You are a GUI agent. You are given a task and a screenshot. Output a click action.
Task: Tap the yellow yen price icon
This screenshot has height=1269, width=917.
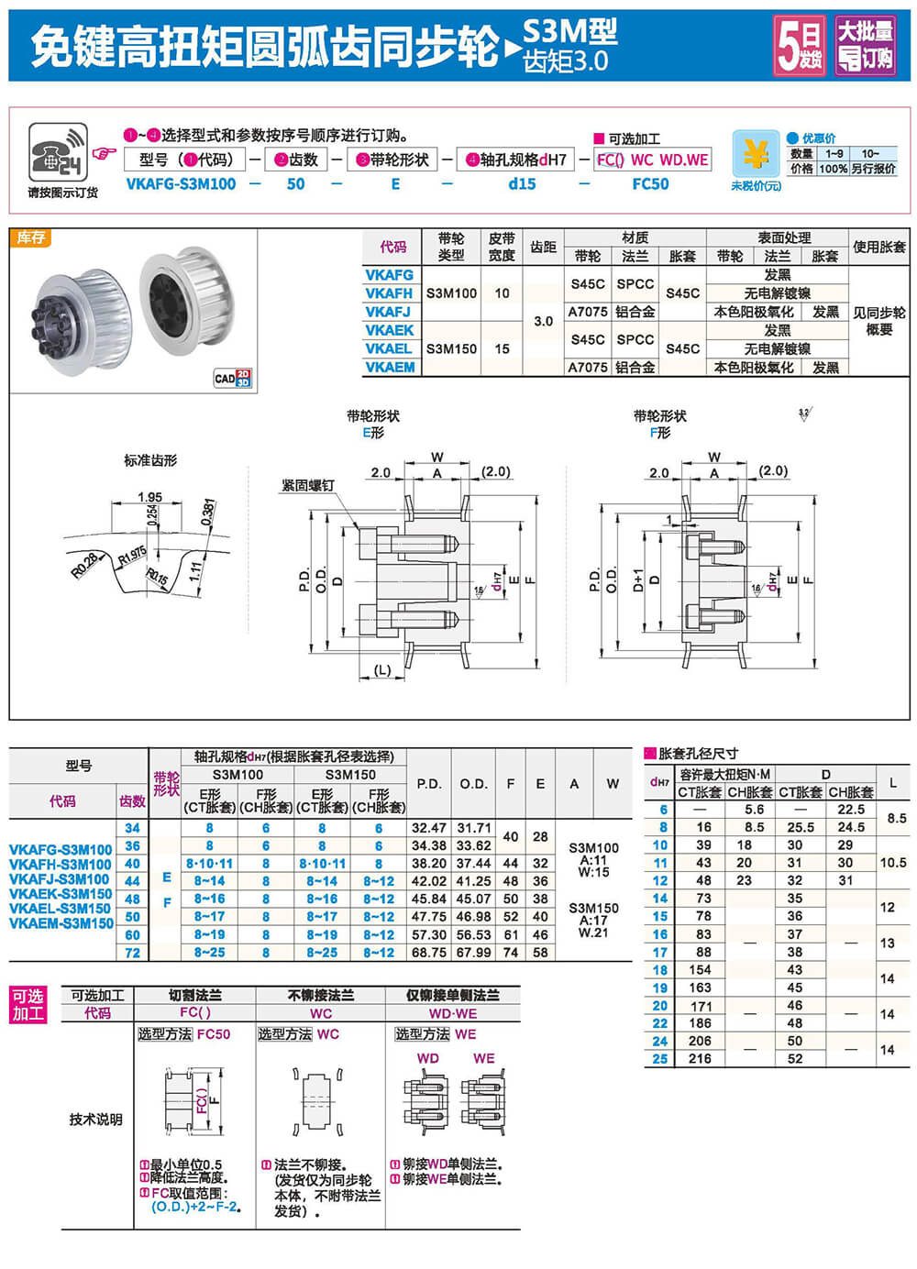tap(756, 153)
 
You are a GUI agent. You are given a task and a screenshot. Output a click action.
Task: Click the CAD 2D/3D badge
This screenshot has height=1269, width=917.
tap(232, 378)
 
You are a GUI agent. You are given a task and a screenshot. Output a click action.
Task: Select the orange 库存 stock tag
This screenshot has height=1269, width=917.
tap(31, 237)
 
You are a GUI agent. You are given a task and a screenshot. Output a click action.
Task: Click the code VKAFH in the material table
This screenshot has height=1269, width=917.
tap(389, 293)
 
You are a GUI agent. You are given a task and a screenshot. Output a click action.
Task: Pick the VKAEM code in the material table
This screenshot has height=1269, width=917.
tap(390, 367)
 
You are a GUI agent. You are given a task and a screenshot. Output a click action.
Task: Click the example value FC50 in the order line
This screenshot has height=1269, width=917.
tap(650, 184)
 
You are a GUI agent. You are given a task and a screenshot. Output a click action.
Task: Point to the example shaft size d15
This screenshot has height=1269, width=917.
tap(522, 184)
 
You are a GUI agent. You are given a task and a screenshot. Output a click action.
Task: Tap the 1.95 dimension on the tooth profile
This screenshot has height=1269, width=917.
tap(149, 497)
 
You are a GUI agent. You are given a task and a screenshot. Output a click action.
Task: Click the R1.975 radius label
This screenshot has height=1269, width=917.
tap(132, 555)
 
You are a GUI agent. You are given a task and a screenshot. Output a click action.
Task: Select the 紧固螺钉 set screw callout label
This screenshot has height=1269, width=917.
tap(307, 485)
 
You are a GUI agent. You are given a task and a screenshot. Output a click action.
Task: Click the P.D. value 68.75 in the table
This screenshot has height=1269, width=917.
tap(429, 953)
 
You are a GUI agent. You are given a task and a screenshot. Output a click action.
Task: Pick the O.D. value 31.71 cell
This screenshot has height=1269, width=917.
tap(474, 828)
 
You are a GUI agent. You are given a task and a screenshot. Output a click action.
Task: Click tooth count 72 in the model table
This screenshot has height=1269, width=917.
tap(133, 953)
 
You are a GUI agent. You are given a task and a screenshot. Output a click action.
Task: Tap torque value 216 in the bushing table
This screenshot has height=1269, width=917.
tap(701, 1058)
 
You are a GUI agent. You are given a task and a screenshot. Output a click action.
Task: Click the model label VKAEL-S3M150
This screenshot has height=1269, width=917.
tap(61, 909)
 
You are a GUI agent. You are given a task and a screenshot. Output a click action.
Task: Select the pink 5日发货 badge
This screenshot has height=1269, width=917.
tap(800, 45)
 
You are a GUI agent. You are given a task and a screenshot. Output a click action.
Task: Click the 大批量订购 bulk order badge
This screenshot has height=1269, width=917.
tap(865, 45)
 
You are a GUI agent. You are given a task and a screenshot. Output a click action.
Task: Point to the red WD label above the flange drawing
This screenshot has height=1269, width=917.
tap(428, 1058)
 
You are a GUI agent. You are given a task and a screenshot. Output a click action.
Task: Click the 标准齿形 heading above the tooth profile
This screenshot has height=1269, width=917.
tap(150, 460)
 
